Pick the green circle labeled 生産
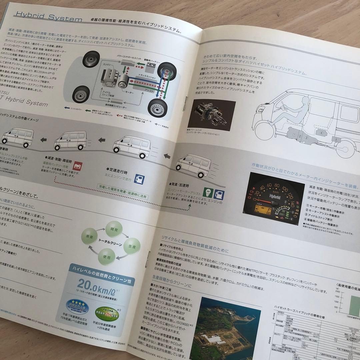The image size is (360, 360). click(132, 247)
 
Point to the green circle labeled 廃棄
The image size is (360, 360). click(90, 237)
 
